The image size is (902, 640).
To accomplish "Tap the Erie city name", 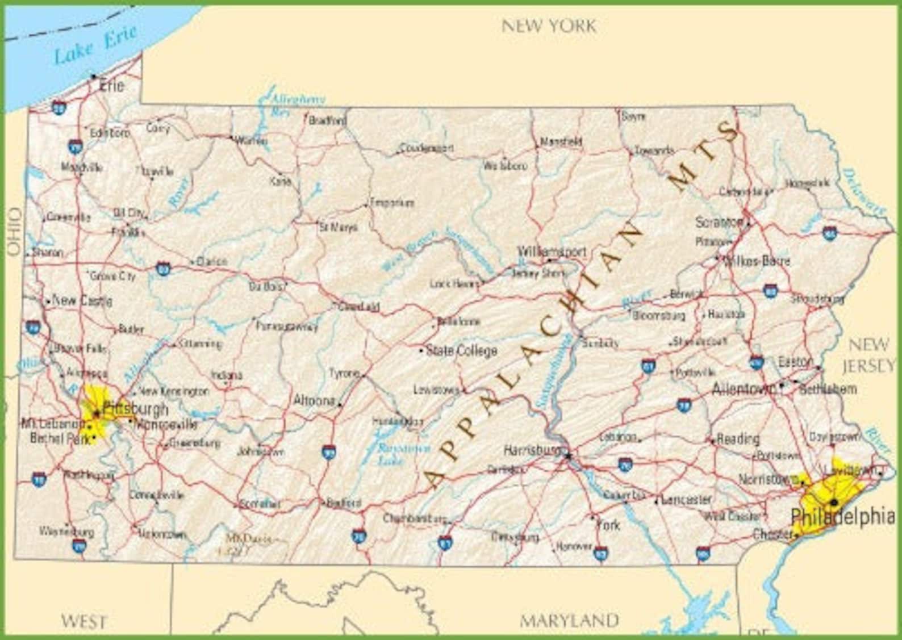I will point(111,86).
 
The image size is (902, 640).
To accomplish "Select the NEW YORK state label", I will point(549,26).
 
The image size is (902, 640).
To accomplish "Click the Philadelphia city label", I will point(843,517).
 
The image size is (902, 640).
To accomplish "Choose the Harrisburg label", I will point(532,450).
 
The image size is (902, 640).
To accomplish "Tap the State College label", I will point(461,350).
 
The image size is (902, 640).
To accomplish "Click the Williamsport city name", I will point(552,251).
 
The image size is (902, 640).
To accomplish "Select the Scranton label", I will point(720,222).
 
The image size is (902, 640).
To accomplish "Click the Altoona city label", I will point(314,400).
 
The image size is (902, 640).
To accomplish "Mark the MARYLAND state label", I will point(569,620).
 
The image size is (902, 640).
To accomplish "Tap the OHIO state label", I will point(14,231).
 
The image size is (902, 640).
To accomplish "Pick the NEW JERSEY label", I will point(869,355).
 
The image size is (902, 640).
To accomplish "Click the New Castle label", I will point(82,300).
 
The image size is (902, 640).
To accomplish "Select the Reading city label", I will point(738,439).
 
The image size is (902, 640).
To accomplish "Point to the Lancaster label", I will point(687,499).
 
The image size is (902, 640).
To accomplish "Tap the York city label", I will point(608,525).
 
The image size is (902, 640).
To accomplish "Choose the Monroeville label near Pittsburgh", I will point(167,424).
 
